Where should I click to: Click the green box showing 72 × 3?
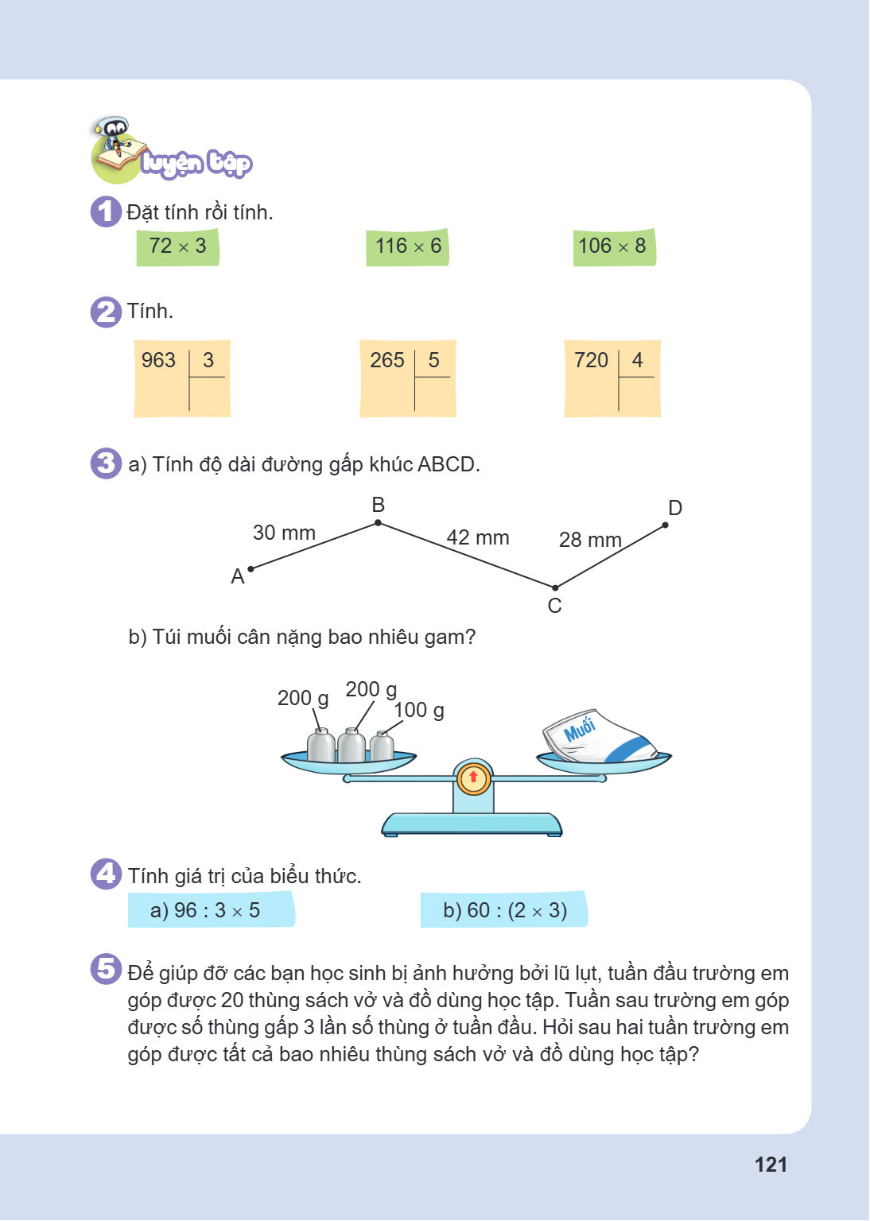178,247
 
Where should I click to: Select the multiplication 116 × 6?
407,247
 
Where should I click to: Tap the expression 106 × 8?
614,247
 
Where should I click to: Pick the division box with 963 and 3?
182,378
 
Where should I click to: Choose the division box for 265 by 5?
407,378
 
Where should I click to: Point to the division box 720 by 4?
612,378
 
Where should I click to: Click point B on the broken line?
378,523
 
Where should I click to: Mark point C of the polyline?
555,587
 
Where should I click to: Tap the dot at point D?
665,525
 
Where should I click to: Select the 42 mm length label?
478,537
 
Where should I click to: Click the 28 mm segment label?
590,540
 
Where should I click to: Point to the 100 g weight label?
419,710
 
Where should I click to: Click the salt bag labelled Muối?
599,736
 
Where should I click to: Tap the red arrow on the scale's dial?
473,776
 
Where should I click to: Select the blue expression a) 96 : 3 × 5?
211,909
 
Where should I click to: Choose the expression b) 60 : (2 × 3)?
504,909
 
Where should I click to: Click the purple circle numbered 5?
106,969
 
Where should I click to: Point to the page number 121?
771,1165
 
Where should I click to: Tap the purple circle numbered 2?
106,312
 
